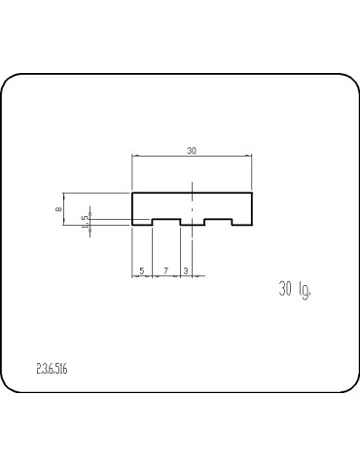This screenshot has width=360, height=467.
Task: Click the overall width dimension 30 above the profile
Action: [x=192, y=150]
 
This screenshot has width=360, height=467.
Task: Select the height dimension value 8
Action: [x=59, y=208]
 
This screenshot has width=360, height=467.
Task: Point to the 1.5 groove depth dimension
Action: [x=86, y=222]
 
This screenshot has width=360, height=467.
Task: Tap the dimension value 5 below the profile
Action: [x=142, y=269]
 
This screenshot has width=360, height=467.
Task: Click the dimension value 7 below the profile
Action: [x=165, y=269]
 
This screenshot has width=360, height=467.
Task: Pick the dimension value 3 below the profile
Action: [x=185, y=269]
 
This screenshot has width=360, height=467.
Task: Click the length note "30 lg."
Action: [x=294, y=289]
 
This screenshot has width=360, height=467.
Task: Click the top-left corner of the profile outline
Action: [x=132, y=194]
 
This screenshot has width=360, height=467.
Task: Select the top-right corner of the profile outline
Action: [x=253, y=194]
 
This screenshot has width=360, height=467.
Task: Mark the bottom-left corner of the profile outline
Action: [x=132, y=226]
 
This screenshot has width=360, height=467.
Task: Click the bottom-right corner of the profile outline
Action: [x=253, y=226]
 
